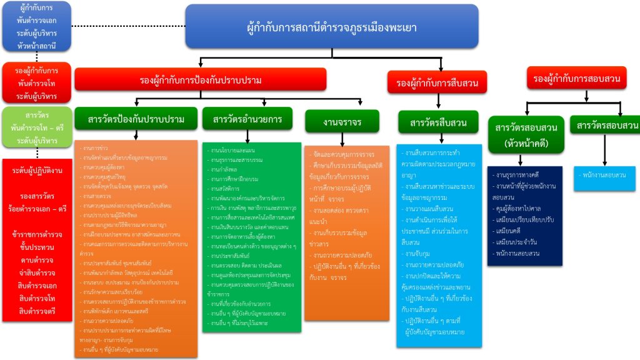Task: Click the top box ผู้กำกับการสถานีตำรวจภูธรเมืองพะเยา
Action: tap(332, 26)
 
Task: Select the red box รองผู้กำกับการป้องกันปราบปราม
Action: tap(201, 80)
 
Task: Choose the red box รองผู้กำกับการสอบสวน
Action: tap(576, 79)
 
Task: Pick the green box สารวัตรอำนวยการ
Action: tap(247, 119)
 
